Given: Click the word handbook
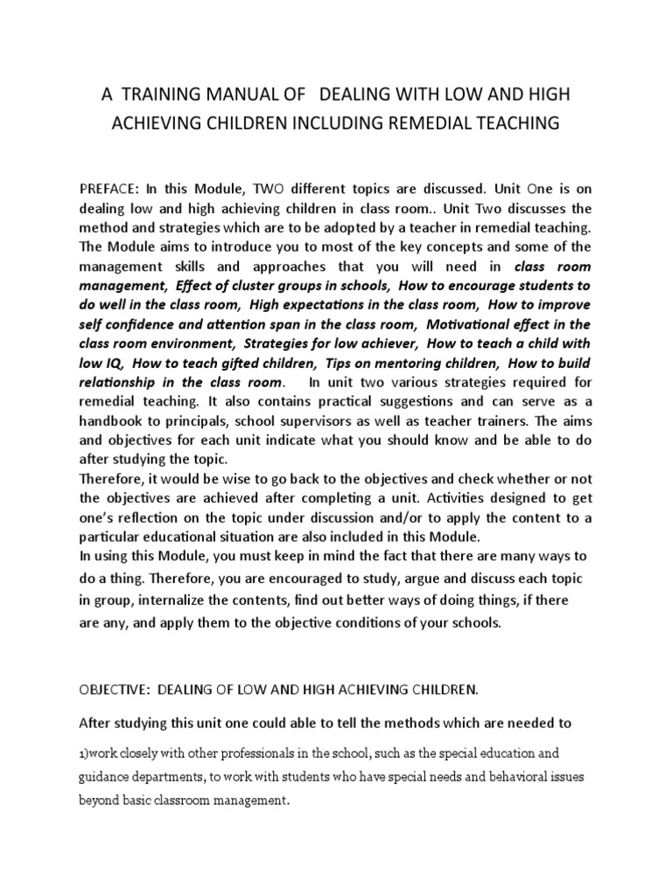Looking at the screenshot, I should (x=111, y=420).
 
